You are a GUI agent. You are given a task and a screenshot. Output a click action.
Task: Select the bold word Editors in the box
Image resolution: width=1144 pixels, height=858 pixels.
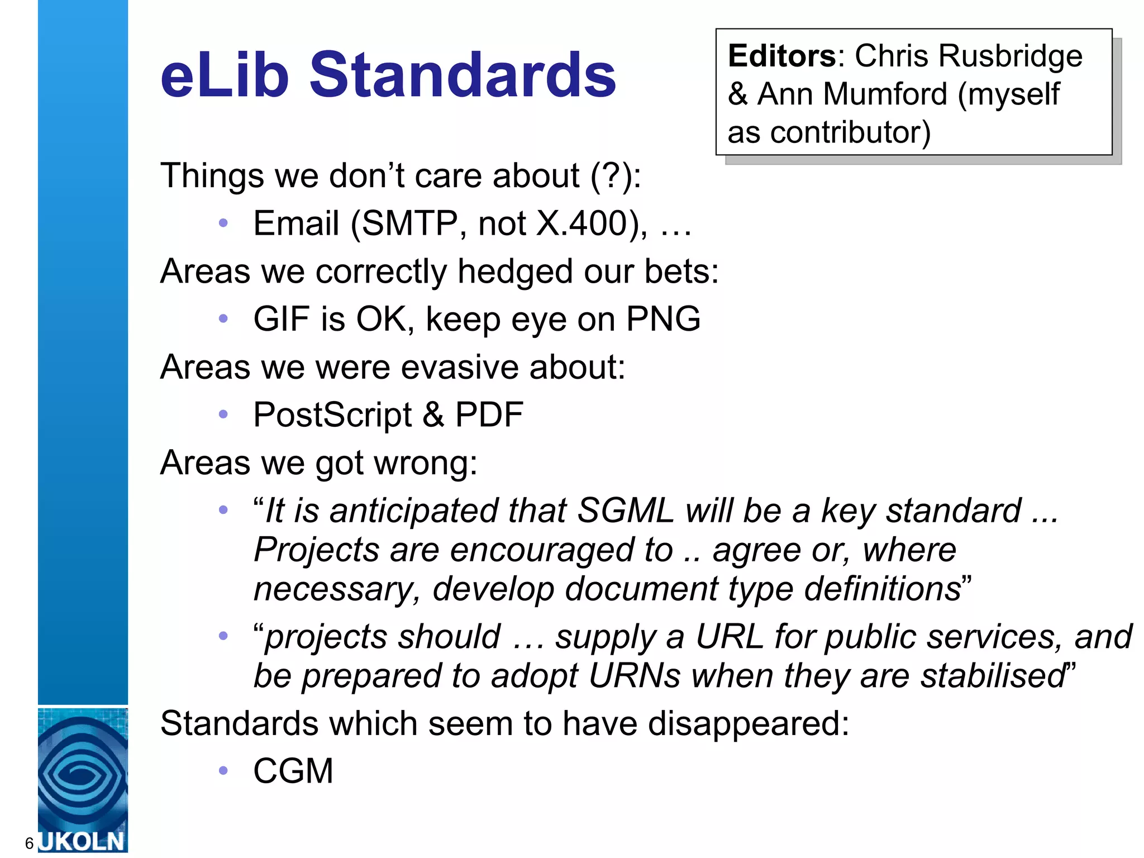pyautogui.click(x=781, y=56)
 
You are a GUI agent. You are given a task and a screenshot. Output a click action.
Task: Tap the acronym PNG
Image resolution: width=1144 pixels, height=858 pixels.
pyautogui.click(x=663, y=319)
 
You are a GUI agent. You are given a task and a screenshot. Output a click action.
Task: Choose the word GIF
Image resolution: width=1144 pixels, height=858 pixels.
pyautogui.click(x=282, y=319)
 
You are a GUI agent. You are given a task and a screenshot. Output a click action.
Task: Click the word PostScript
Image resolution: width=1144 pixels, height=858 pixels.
pyautogui.click(x=332, y=414)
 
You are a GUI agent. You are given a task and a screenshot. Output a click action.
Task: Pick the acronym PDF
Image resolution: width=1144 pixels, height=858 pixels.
pyautogui.click(x=489, y=414)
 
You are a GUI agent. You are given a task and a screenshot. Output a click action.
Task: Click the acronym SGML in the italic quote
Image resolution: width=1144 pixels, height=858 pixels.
pyautogui.click(x=625, y=511)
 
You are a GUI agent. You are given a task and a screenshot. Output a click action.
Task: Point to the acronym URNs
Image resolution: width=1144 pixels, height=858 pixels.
pyautogui.click(x=635, y=675)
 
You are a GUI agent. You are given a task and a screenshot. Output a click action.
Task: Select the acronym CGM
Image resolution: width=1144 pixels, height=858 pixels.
pyautogui.click(x=293, y=771)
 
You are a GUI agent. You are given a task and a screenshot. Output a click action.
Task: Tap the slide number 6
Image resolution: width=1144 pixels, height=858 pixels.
pyautogui.click(x=30, y=843)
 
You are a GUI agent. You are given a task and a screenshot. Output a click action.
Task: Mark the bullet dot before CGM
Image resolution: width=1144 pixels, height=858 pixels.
pyautogui.click(x=223, y=771)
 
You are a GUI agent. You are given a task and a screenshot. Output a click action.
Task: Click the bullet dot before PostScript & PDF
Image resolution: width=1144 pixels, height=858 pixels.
pyautogui.click(x=223, y=414)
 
